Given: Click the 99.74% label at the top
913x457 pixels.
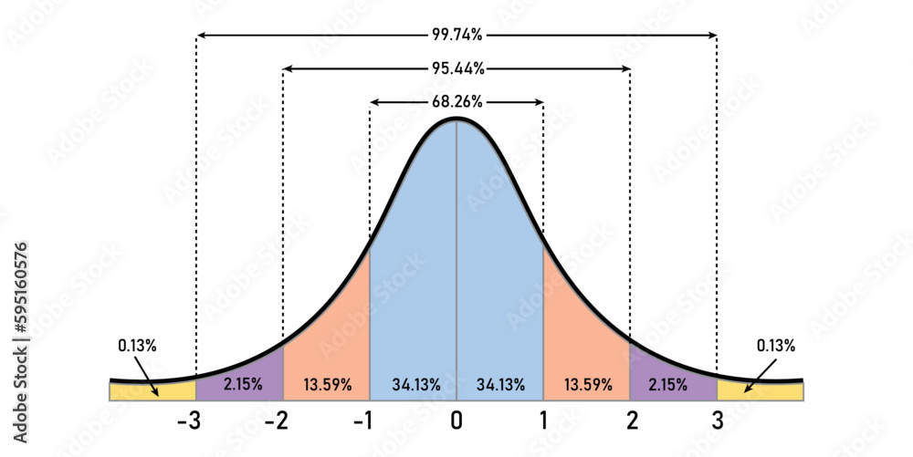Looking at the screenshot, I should pyautogui.click(x=456, y=35).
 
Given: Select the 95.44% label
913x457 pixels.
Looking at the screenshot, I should pyautogui.click(x=456, y=68).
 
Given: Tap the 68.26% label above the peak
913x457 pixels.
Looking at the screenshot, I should pyautogui.click(x=456, y=102).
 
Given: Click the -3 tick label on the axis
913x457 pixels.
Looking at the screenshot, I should pyautogui.click(x=190, y=422).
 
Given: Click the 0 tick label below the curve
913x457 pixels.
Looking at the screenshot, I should pyautogui.click(x=456, y=422).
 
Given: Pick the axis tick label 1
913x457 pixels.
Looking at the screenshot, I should pyautogui.click(x=543, y=422).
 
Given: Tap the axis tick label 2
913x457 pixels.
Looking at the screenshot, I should pyautogui.click(x=630, y=422).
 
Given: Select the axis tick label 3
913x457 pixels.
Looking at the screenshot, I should pyautogui.click(x=718, y=422).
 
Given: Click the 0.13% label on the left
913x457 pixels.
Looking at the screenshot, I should pyautogui.click(x=137, y=346).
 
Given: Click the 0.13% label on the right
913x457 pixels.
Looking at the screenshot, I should pyautogui.click(x=776, y=346).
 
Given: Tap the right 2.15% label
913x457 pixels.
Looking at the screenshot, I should pyautogui.click(x=669, y=385).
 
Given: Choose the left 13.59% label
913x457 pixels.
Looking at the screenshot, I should pyautogui.click(x=326, y=385).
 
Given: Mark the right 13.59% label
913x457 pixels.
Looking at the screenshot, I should pyautogui.click(x=586, y=385).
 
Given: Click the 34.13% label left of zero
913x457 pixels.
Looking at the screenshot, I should pyautogui.click(x=413, y=385).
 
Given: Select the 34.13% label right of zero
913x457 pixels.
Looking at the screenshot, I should pyautogui.click(x=499, y=385).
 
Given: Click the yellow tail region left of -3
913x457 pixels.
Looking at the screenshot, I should pyautogui.click(x=128, y=392).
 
